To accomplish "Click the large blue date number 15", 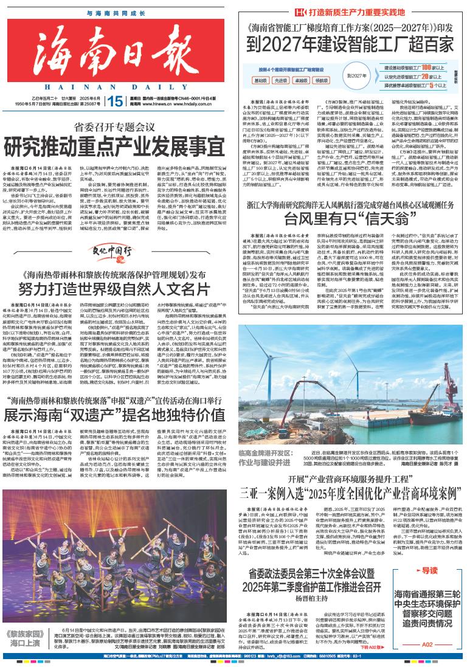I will [113, 101].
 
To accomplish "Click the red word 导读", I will [429, 570].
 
